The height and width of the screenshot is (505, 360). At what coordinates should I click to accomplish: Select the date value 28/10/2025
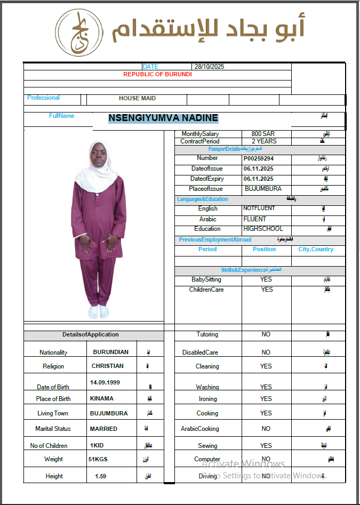209,67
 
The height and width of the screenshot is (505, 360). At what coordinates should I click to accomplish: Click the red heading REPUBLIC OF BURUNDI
157,74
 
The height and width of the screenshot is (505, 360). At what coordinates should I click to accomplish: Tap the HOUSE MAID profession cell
137,99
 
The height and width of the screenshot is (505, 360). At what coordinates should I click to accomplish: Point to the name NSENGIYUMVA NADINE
163,118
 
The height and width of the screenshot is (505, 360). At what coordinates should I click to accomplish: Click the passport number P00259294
259,158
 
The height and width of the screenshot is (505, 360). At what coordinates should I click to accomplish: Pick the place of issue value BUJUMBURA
263,189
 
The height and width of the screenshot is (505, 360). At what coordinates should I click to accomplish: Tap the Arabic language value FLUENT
254,219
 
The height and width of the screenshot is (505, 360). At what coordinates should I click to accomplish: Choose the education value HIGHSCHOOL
263,229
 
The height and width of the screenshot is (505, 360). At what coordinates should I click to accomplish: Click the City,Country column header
316,249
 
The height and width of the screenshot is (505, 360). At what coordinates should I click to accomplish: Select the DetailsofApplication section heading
90,335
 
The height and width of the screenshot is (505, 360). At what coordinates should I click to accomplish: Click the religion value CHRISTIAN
107,366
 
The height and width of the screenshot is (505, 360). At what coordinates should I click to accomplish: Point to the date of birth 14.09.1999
105,383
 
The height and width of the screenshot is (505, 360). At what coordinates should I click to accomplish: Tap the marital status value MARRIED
103,429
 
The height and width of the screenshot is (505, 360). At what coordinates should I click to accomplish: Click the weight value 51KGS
98,459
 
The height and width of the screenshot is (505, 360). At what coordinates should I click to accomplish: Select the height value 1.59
100,476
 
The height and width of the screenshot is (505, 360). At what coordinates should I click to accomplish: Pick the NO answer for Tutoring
266,335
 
